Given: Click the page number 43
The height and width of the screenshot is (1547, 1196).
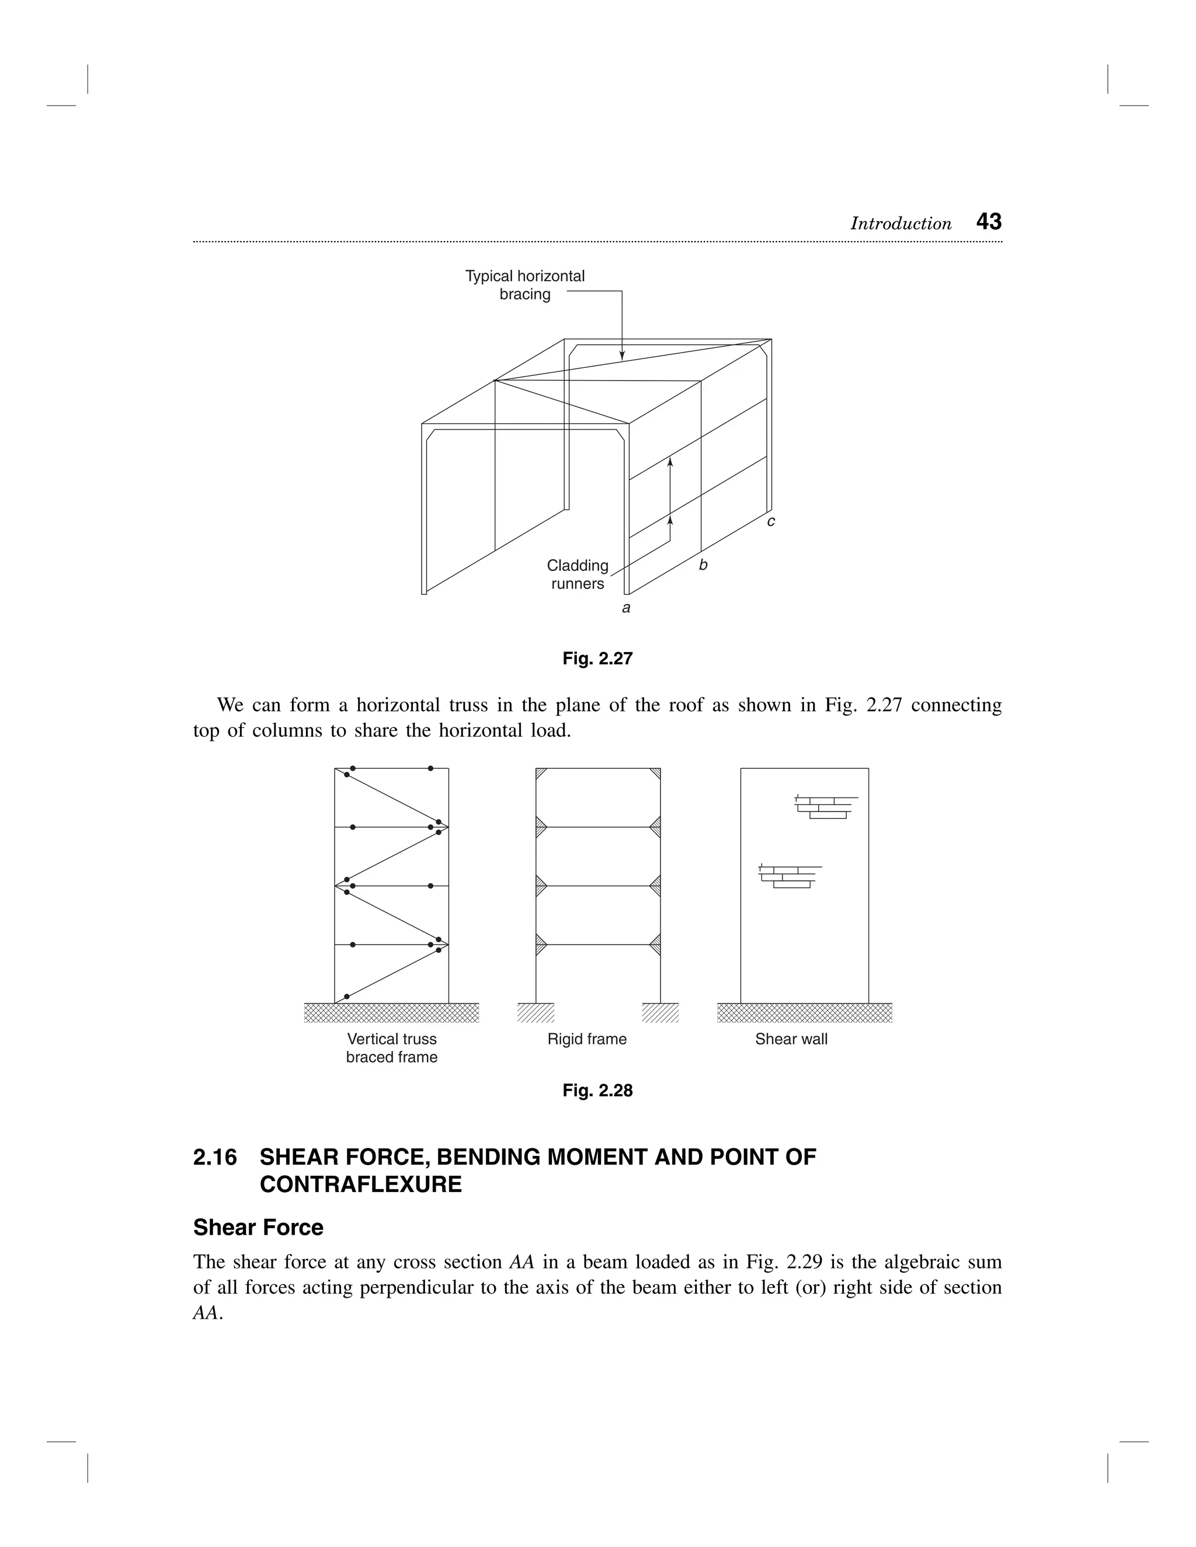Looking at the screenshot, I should (x=989, y=222).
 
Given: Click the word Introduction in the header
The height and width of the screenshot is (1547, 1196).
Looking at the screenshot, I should (x=901, y=224).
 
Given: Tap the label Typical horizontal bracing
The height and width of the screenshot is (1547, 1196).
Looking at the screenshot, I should (x=524, y=285).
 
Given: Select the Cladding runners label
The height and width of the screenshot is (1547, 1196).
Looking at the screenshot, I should (x=578, y=574).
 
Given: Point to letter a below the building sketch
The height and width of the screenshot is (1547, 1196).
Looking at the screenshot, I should (x=625, y=608).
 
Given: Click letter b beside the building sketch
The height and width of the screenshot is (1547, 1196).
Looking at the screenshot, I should (x=703, y=565).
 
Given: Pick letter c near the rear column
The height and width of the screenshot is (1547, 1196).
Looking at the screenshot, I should (x=771, y=521).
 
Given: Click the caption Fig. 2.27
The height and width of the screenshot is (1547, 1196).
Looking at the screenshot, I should (x=597, y=658).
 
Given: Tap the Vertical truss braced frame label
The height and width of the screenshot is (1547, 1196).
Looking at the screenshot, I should (x=392, y=1048).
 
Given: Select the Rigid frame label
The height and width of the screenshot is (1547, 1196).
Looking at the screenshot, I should (x=587, y=1039).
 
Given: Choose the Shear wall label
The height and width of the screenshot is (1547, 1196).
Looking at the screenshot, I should (x=791, y=1039).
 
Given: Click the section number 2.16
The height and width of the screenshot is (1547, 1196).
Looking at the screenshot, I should (x=215, y=1156).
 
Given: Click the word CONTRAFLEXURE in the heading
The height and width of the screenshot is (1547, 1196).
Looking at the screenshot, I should (x=361, y=1184).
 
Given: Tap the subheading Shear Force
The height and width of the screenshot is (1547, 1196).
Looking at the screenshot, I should (x=258, y=1228).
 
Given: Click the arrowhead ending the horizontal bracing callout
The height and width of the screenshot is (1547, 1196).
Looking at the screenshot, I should (x=622, y=356).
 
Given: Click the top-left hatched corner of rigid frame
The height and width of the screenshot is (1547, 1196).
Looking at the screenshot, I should (x=541, y=773).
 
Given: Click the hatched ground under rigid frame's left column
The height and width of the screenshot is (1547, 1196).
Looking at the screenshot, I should (x=536, y=1013).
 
